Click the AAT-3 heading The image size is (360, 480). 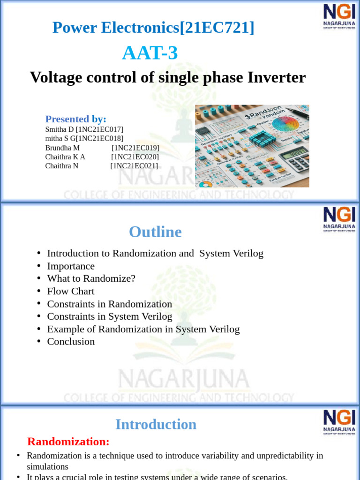point(150,53)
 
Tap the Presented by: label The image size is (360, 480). point(75,119)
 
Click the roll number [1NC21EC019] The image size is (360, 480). point(135,148)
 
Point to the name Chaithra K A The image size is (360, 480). point(65,157)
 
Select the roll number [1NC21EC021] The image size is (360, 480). point(134,166)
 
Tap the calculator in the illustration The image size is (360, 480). point(293,160)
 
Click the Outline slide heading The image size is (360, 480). point(155,232)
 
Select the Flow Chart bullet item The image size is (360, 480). point(71,291)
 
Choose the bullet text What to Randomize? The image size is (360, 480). point(91,278)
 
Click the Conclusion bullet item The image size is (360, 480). point(71,341)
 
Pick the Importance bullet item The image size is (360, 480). point(71,266)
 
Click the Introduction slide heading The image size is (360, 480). point(156,424)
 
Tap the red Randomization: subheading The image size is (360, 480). point(68,442)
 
